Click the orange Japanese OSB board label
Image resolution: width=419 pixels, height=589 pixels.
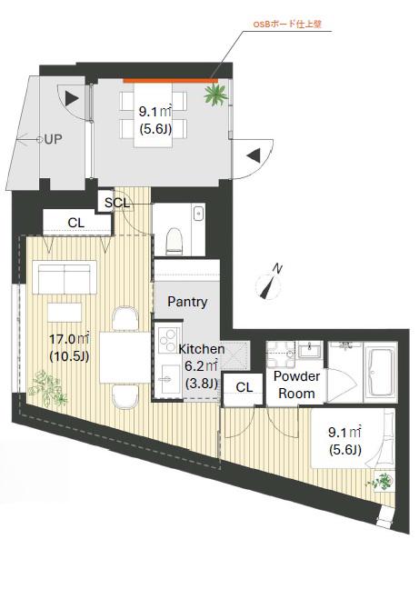(287, 25)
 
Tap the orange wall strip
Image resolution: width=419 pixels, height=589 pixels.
(171, 80)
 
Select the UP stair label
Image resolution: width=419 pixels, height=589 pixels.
(54, 139)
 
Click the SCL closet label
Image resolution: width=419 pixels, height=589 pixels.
(116, 204)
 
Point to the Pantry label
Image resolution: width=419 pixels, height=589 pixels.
(187, 302)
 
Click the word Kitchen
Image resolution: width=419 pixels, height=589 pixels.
(202, 349)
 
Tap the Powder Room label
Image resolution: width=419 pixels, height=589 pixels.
(296, 384)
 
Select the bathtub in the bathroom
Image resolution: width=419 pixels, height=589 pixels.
(379, 373)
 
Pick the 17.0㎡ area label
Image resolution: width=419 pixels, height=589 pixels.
(69, 339)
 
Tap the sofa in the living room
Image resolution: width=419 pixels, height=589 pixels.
(65, 277)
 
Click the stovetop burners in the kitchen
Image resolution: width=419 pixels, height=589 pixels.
(166, 339)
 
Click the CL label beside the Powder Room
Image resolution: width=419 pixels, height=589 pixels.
(244, 387)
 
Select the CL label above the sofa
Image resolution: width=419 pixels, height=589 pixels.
(75, 223)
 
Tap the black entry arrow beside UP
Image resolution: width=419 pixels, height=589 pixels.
(71, 99)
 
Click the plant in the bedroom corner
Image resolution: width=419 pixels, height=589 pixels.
(381, 481)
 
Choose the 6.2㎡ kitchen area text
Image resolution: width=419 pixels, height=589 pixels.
(202, 366)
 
